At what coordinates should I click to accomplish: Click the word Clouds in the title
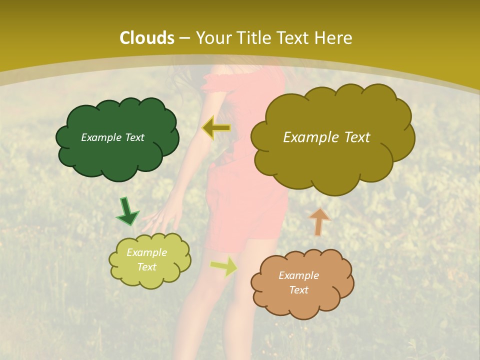pyautogui.click(x=147, y=38)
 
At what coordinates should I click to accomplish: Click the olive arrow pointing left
pyautogui.click(x=216, y=128)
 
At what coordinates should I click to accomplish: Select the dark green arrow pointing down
pyautogui.click(x=127, y=211)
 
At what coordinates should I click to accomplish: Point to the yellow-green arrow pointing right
pyautogui.click(x=224, y=266)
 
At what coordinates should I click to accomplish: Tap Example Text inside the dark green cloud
pyautogui.click(x=112, y=137)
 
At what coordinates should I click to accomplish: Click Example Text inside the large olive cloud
pyautogui.click(x=326, y=137)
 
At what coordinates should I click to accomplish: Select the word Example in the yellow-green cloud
pyautogui.click(x=146, y=252)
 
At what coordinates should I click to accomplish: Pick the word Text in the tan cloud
pyautogui.click(x=298, y=290)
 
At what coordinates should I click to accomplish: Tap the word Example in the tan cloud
pyautogui.click(x=298, y=275)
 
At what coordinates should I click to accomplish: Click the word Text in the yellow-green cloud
pyautogui.click(x=146, y=267)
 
